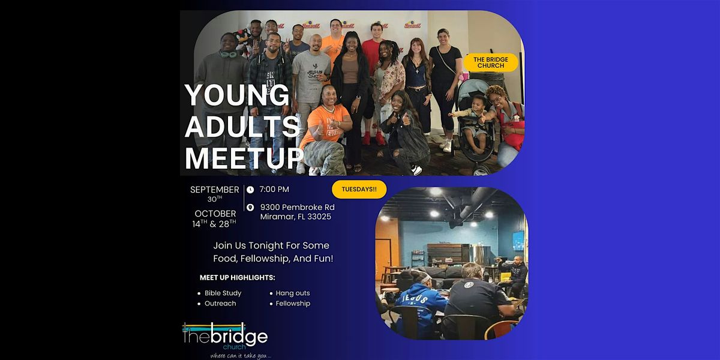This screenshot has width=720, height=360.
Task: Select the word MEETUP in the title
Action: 244,158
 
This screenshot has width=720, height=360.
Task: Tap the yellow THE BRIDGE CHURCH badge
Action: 490,62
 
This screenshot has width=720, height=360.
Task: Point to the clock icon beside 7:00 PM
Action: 250,190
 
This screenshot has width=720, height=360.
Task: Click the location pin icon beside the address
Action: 250,208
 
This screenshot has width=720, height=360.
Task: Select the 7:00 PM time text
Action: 274,190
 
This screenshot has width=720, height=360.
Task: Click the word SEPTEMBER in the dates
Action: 215,190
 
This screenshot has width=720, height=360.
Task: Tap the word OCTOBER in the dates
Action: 215,214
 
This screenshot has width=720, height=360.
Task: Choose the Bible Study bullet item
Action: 223,293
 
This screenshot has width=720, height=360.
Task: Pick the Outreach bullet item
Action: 220,304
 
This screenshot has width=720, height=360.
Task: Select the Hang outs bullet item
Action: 293,293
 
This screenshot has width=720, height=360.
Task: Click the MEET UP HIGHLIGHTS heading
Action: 238,278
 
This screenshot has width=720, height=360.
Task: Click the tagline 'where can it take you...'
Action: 236,355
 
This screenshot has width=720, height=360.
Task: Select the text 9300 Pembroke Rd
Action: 297,208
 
